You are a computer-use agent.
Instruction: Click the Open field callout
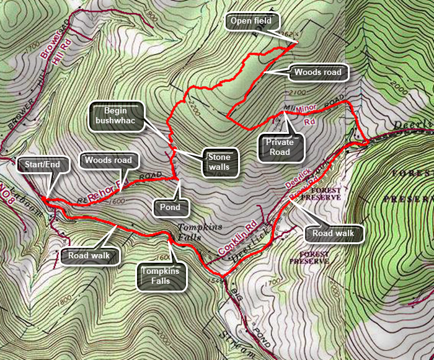(x=251, y=22)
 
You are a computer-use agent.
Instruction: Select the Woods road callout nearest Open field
(x=317, y=72)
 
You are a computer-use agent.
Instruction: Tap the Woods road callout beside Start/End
(x=109, y=160)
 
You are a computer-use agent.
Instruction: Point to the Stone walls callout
(x=219, y=162)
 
